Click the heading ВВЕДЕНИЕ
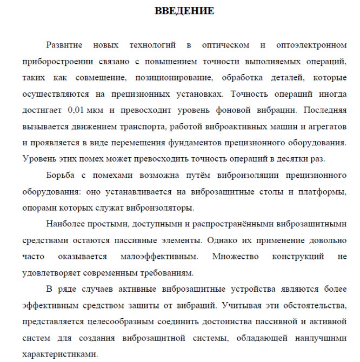point(184,11)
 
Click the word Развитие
point(64,44)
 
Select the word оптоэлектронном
point(311,44)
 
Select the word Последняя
point(325,110)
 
